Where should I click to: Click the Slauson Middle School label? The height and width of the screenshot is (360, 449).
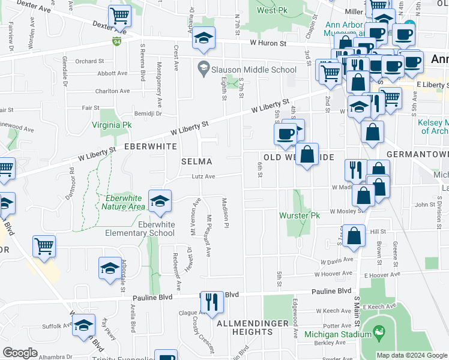[255, 70]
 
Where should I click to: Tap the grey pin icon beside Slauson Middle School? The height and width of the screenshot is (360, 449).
[203, 69]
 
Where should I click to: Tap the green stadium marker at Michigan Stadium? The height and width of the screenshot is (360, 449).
[378, 331]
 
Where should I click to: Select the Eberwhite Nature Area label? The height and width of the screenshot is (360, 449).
[124, 202]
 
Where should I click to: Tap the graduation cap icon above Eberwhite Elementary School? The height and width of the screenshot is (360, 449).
[160, 201]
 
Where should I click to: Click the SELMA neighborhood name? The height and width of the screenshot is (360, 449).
[197, 161]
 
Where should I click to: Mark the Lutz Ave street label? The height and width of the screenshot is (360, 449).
[203, 176]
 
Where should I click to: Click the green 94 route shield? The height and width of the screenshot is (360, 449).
[116, 41]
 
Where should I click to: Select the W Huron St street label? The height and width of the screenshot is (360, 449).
[269, 43]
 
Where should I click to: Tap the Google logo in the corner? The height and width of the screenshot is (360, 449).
[20, 353]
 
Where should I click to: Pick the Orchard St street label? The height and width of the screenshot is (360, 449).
[90, 61]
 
